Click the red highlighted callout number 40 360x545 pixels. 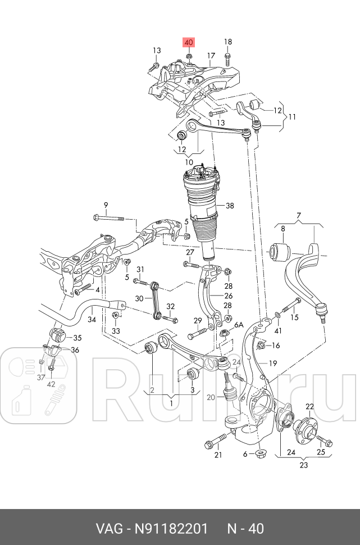point(188,42)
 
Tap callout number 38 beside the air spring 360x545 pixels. point(230,206)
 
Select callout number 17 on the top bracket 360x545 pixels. point(211,56)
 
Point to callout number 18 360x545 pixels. point(227,42)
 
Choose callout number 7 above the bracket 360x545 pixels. point(299,215)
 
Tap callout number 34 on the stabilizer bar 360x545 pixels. point(92,319)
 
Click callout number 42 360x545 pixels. point(51,385)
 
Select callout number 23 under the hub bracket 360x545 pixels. point(304,465)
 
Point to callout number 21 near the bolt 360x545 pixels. point(218,455)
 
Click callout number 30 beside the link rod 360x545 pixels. point(140,299)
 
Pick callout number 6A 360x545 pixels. point(239,325)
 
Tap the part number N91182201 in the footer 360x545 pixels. point(169,529)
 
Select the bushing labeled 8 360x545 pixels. point(280,251)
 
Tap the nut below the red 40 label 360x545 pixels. point(189,57)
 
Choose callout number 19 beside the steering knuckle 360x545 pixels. point(273,363)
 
